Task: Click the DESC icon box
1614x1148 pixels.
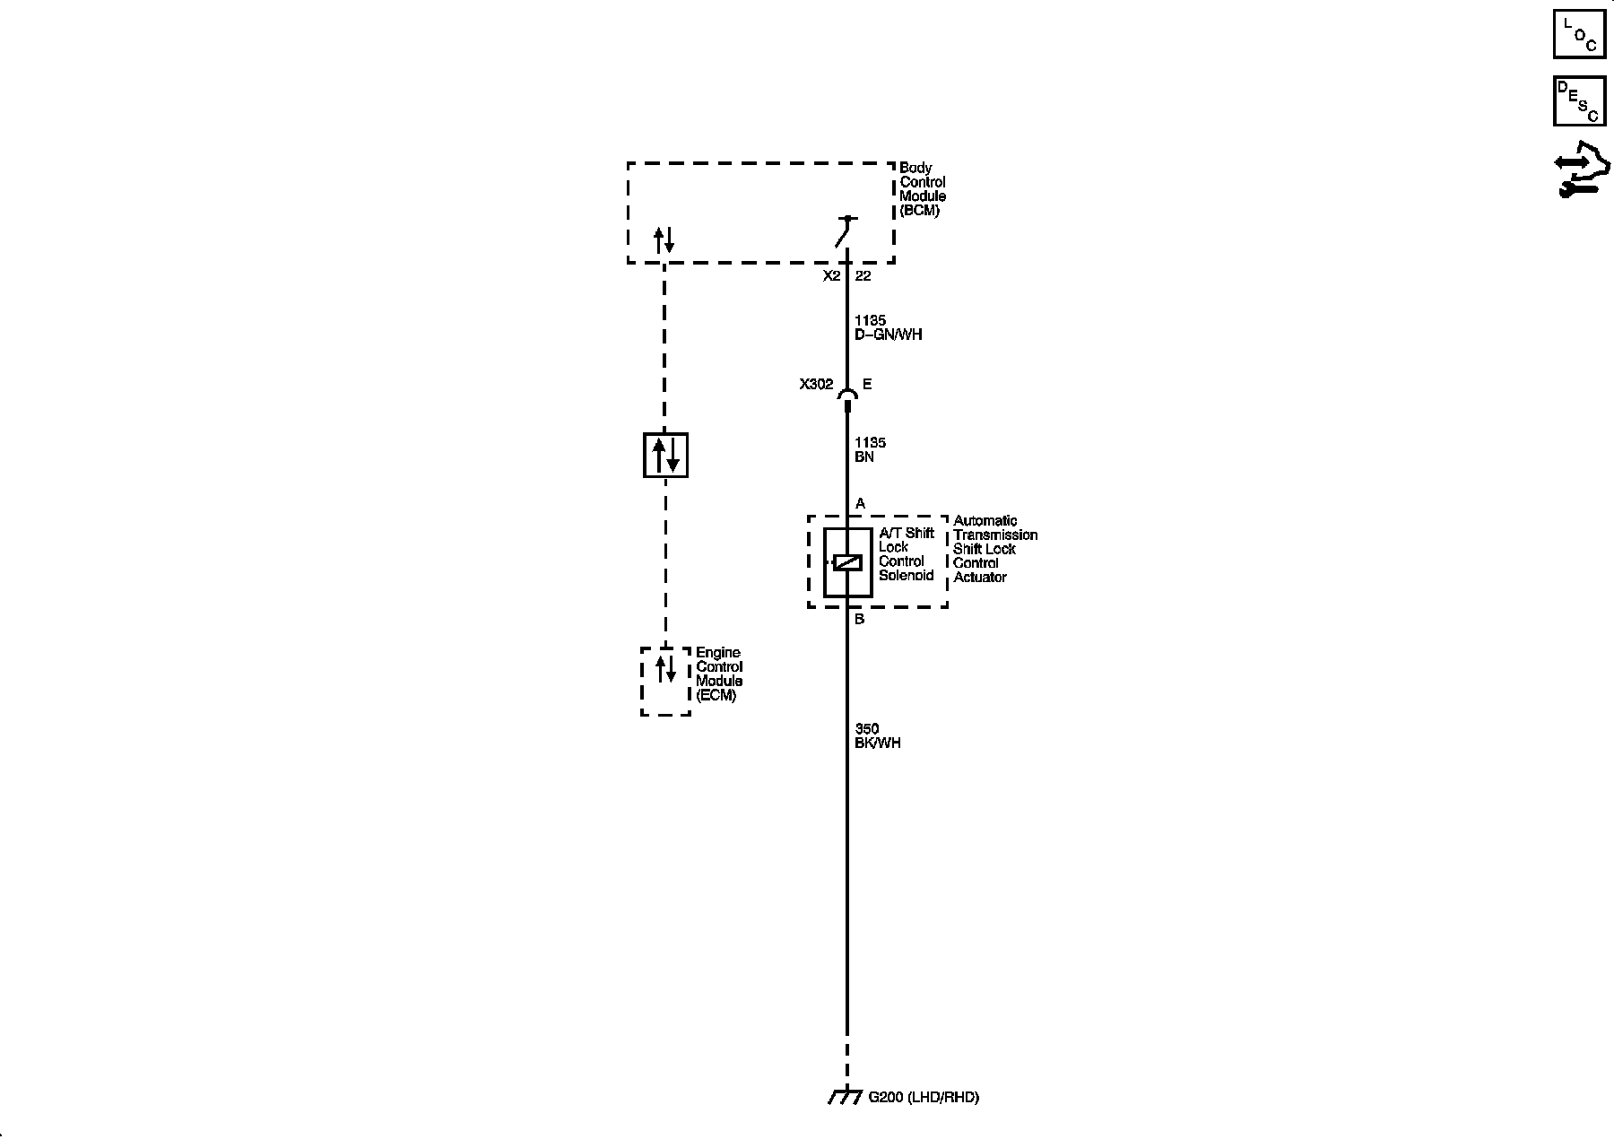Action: (x=1579, y=101)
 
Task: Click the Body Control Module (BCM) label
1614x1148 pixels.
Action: (x=923, y=189)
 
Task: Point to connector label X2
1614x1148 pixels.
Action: (x=831, y=276)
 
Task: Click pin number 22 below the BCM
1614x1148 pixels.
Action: (x=863, y=276)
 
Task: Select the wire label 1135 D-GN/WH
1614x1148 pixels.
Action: (x=888, y=327)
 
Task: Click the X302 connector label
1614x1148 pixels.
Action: (x=816, y=385)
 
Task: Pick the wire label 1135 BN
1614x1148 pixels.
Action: (x=870, y=449)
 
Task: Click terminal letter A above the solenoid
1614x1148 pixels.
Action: (x=860, y=504)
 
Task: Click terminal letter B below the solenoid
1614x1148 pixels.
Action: (x=859, y=619)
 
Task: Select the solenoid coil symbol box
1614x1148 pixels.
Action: (x=847, y=562)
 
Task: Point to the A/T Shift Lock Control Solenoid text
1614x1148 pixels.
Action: (x=906, y=554)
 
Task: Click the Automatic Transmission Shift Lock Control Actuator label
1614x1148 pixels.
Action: (x=994, y=549)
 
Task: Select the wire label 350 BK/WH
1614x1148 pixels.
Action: (x=877, y=736)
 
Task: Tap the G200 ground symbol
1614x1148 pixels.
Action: (x=845, y=1097)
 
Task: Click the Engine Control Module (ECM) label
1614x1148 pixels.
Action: (x=719, y=674)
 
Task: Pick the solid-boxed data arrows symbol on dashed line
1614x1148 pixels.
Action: (x=665, y=455)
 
